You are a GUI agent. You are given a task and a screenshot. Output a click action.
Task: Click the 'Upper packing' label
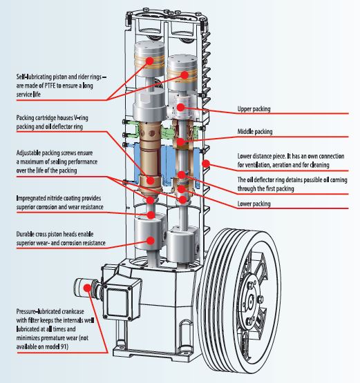click(x=254, y=109)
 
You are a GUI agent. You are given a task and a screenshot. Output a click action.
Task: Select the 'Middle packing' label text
click(x=255, y=132)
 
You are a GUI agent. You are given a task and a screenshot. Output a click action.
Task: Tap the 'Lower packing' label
click(x=254, y=204)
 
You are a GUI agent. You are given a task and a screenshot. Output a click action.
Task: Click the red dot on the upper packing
click(x=181, y=107)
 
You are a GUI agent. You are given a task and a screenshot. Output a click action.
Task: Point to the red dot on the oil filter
click(x=87, y=288)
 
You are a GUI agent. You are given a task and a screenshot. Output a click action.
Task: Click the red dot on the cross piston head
click(x=151, y=241)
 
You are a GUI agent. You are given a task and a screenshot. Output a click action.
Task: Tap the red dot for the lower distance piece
click(x=206, y=164)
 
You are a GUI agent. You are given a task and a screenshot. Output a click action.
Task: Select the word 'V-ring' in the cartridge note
click(x=81, y=118)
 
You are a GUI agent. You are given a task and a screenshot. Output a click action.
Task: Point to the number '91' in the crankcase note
click(x=64, y=346)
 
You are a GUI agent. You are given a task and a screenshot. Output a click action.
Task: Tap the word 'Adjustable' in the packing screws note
click(x=28, y=153)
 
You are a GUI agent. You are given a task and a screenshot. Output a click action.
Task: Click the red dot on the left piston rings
click(x=150, y=61)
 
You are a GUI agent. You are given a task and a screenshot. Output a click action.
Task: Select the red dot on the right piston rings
click(x=184, y=75)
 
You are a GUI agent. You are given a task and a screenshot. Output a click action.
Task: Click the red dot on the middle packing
click(x=181, y=141)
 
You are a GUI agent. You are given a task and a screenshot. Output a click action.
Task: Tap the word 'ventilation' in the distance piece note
click(x=257, y=165)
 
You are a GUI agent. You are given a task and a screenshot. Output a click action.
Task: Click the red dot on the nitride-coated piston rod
click(x=151, y=215)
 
